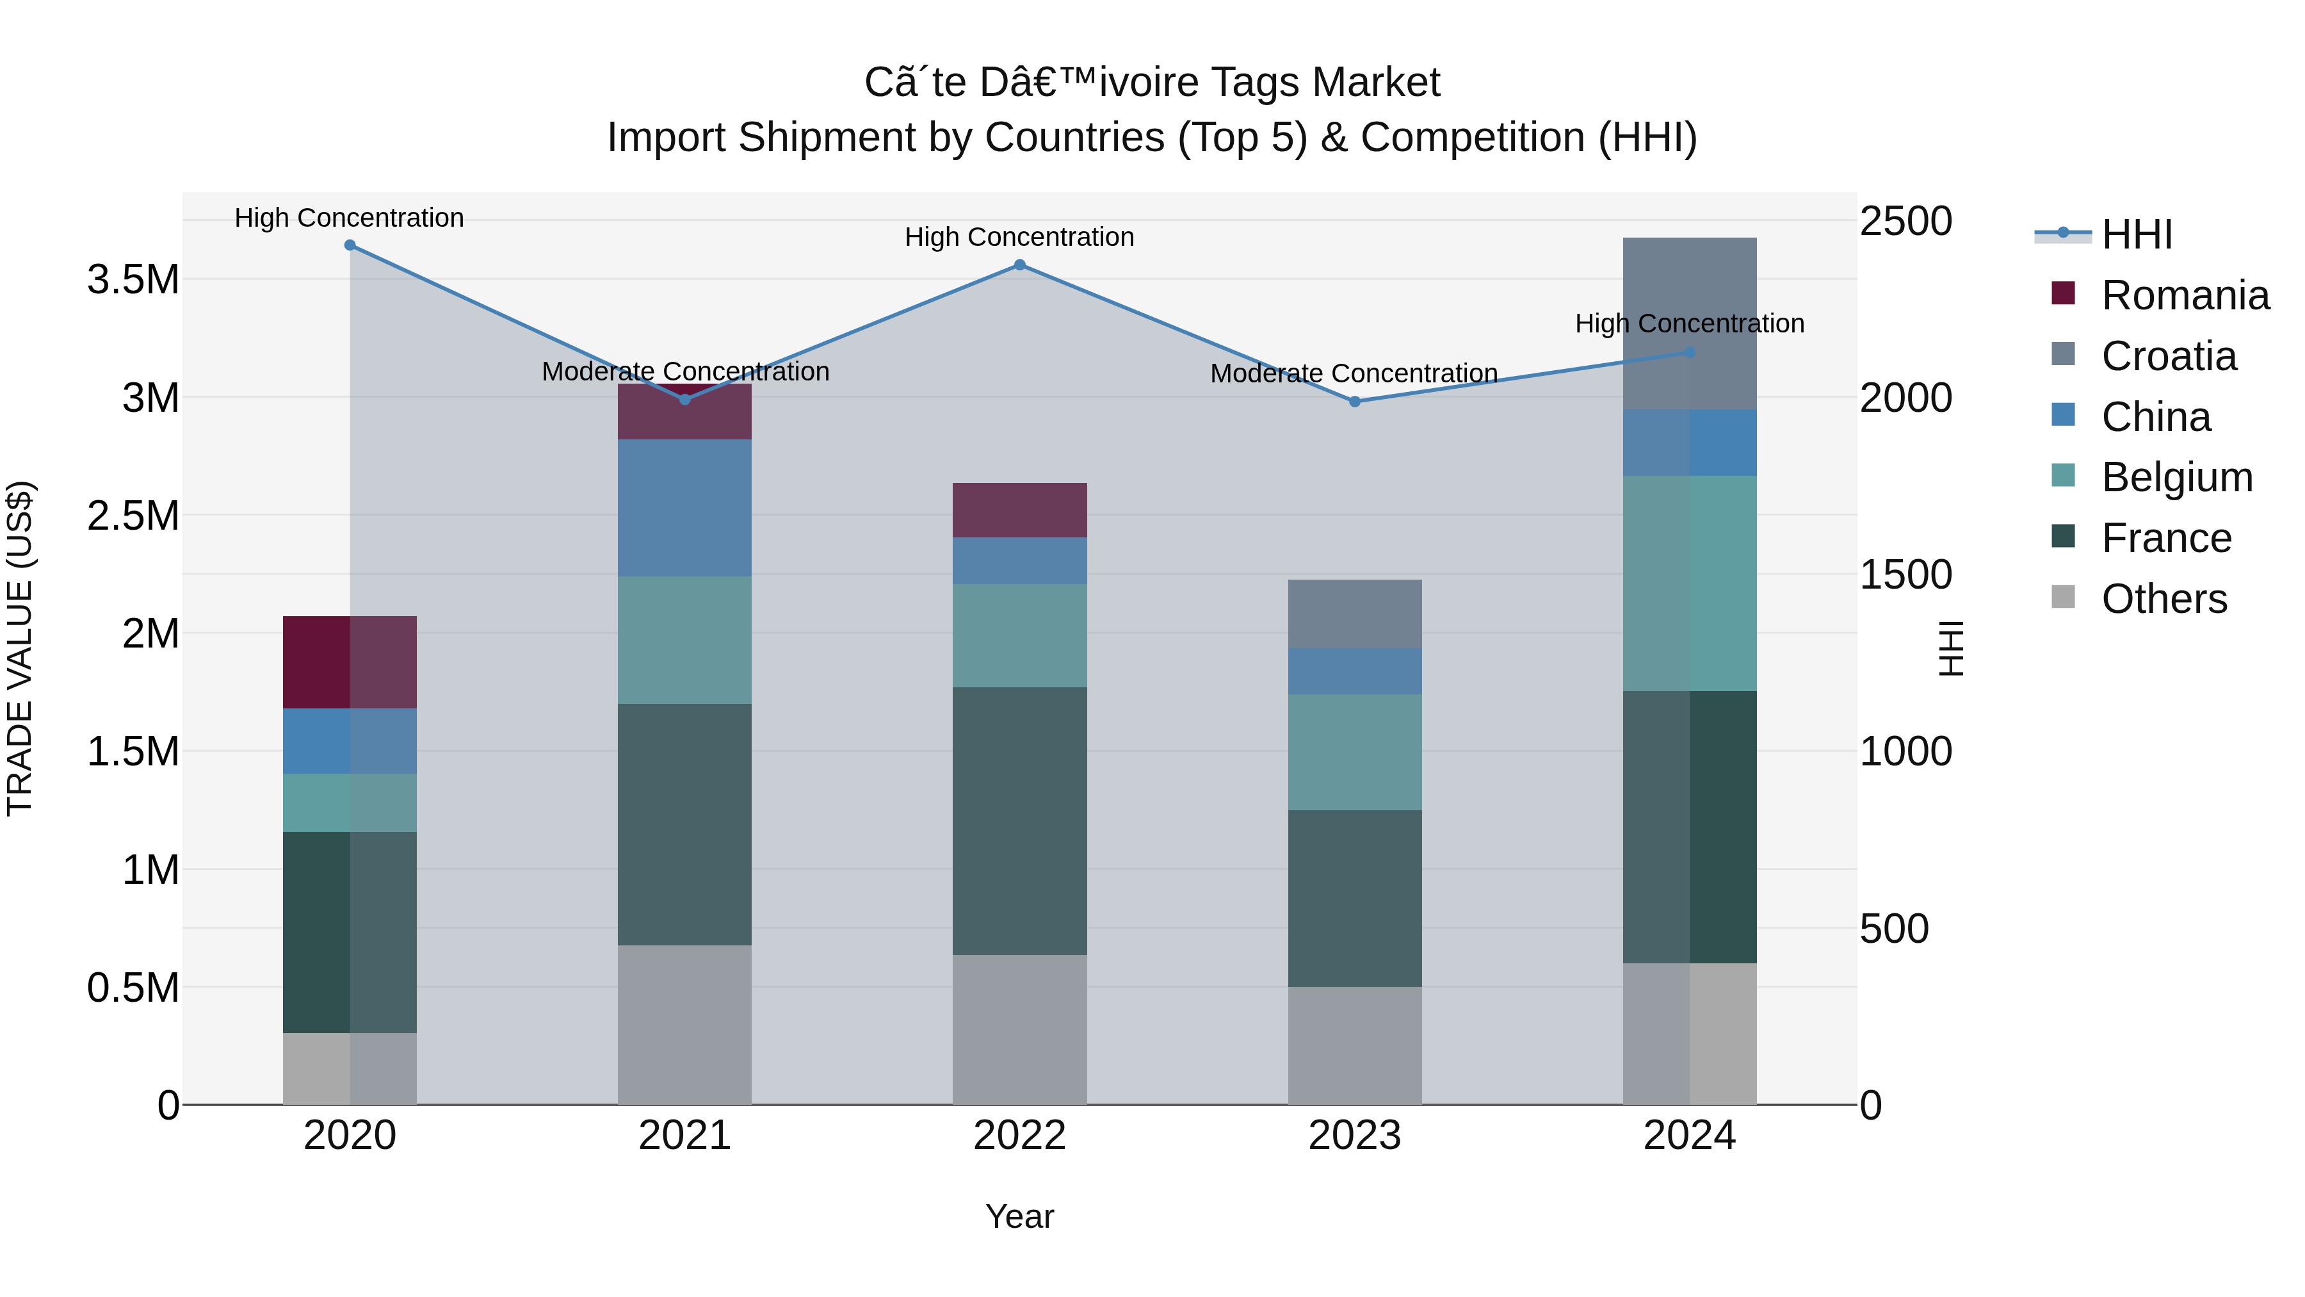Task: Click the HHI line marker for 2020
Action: pos(350,245)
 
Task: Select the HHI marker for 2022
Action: pos(1019,265)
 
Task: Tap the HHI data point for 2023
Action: pos(1355,402)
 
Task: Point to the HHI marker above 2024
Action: pos(1690,353)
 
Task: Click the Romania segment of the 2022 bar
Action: pos(1019,510)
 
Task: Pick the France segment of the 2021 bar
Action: pos(684,824)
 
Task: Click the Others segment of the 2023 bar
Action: pos(1355,1045)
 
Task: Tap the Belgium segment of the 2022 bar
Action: pos(1019,635)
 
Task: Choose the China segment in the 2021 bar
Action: pos(684,507)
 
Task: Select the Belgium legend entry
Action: pos(2176,477)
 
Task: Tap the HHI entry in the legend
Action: pos(2136,234)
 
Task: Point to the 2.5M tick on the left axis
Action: pos(133,516)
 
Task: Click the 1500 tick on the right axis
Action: pos(1906,575)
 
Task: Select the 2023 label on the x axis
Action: pos(1355,1136)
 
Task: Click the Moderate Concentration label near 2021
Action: pos(685,371)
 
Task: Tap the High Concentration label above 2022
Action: pos(1019,237)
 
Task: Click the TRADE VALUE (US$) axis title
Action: pos(20,648)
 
